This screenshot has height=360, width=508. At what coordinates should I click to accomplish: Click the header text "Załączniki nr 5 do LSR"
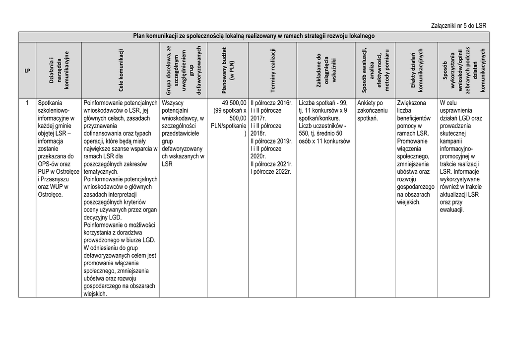458,25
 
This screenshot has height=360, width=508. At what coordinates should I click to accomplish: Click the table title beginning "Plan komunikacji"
254,36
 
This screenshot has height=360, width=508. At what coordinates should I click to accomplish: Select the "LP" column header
27,71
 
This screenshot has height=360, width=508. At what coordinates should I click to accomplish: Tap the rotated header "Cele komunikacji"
121,70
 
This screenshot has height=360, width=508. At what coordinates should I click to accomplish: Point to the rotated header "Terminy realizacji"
272,70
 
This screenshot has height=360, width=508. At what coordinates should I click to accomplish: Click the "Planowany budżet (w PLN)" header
228,70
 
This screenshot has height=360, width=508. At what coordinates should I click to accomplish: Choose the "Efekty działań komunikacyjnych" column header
416,70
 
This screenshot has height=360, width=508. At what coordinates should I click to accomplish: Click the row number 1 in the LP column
27,103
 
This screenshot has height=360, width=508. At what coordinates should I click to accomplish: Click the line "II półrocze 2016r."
271,103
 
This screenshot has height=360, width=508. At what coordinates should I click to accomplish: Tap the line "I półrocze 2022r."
270,171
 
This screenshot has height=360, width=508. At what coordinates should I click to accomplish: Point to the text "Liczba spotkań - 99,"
323,103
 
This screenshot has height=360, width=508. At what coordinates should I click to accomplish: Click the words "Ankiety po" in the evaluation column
370,103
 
